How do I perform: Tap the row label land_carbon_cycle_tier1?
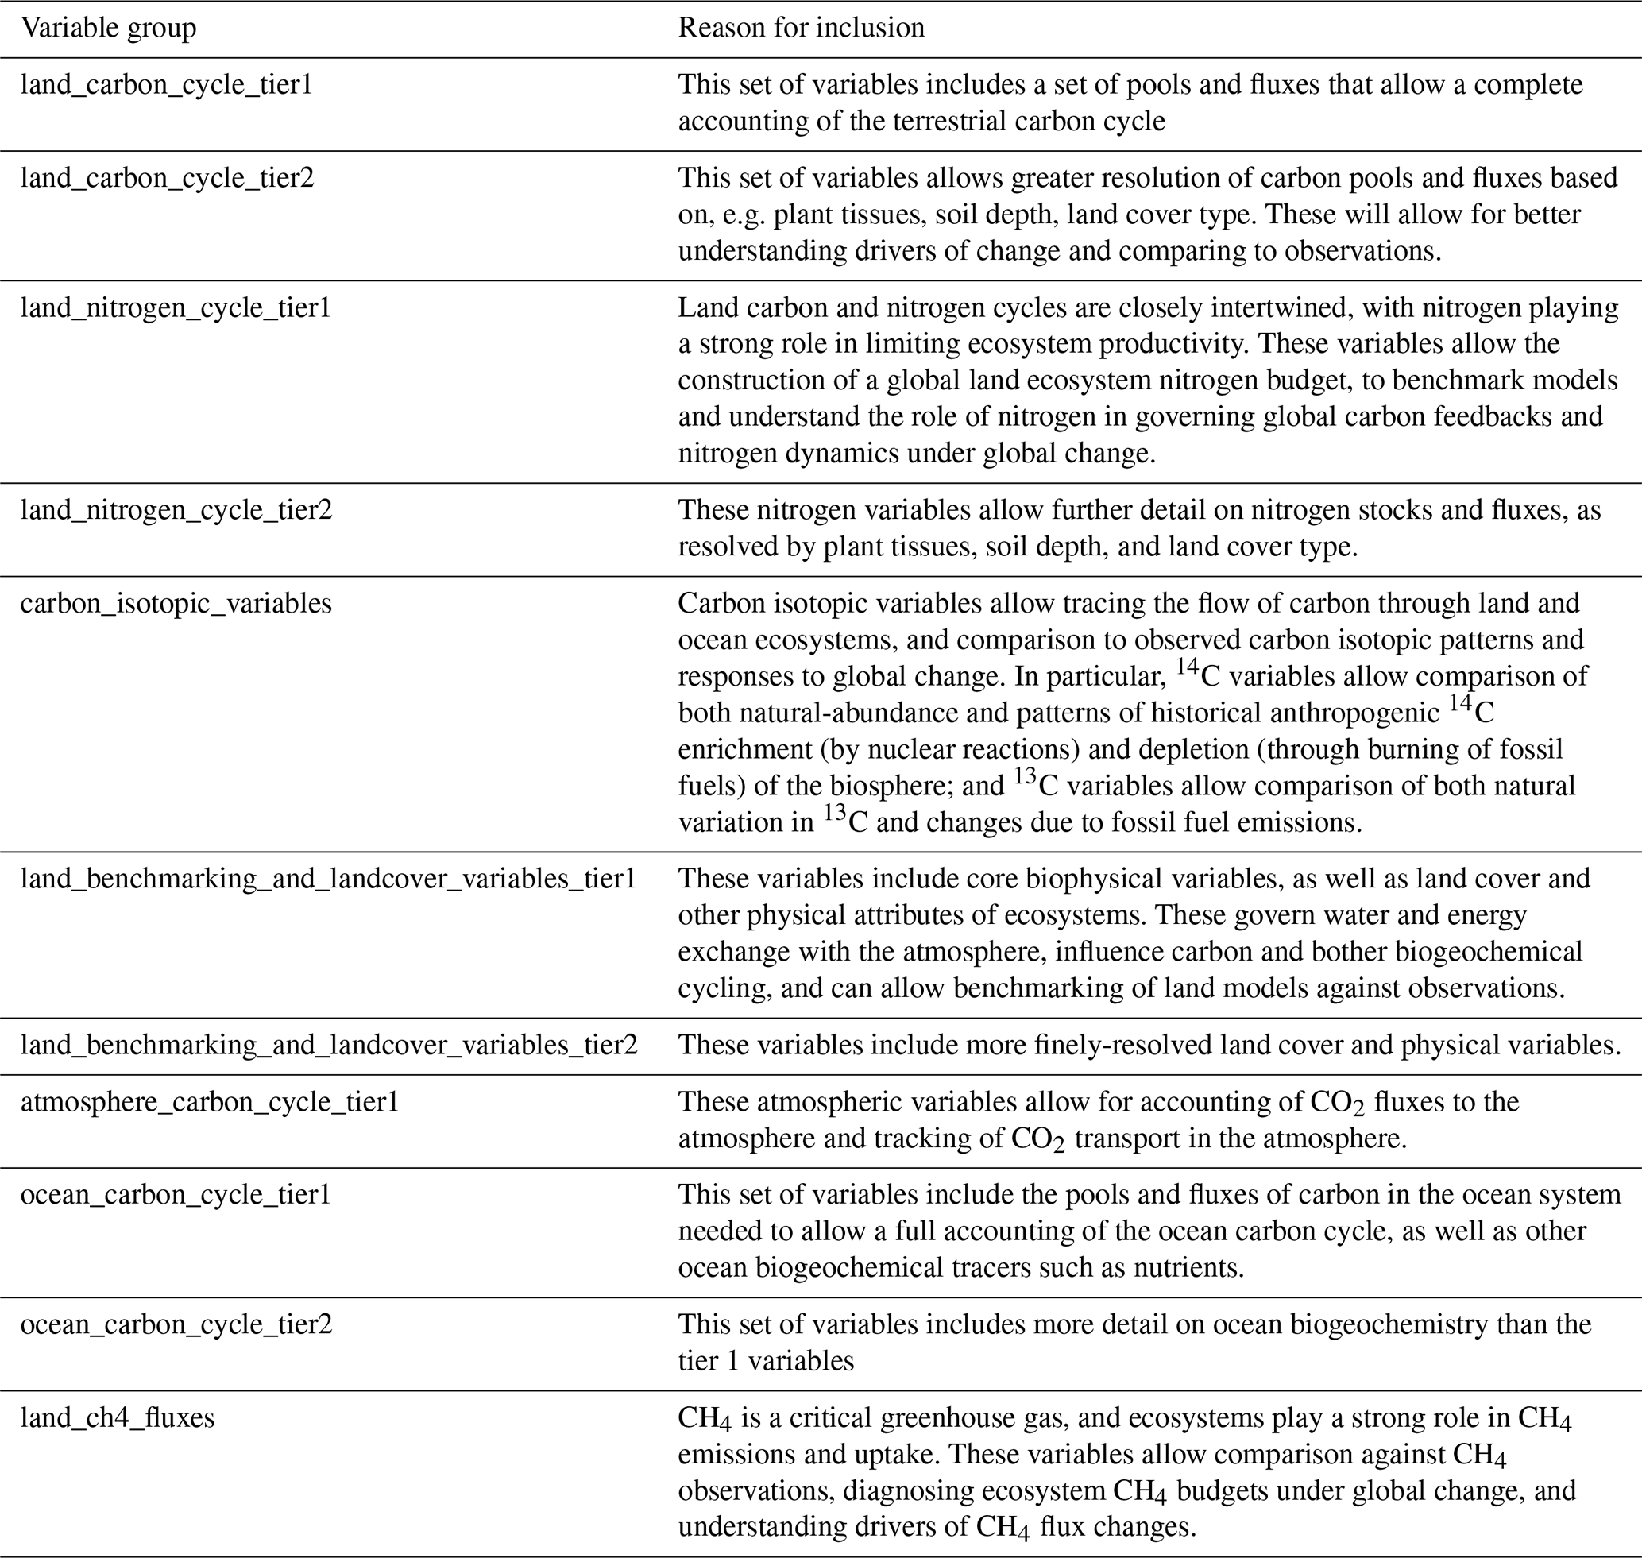[166, 85]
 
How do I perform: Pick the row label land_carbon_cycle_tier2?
[167, 178]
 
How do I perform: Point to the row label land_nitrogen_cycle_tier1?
[176, 308]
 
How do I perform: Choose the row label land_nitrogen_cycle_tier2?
[176, 509]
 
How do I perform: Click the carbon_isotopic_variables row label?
[176, 603]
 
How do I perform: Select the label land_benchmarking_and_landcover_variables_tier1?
[328, 879]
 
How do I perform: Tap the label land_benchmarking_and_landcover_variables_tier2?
[329, 1045]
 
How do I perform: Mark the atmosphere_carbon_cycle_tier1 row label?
[209, 1102]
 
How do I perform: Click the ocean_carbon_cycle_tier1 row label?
[176, 1195]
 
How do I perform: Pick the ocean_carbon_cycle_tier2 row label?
[176, 1324]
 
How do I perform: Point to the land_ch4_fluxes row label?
[117, 1417]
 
